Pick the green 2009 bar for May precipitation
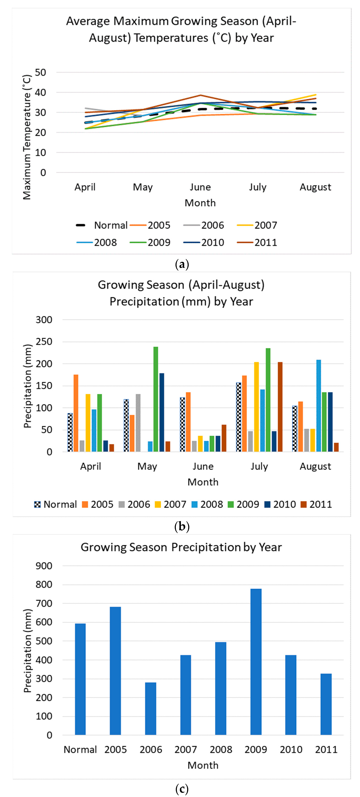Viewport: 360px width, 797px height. [156, 399]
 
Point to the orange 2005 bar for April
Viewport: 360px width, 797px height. [76, 413]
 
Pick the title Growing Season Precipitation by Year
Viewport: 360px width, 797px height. [181, 547]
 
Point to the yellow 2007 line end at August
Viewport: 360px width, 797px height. [315, 95]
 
